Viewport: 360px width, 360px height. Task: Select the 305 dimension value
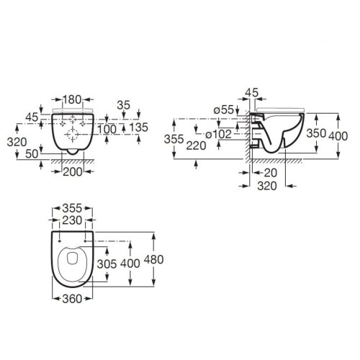[106, 264]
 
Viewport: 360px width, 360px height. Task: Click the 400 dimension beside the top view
[131, 264]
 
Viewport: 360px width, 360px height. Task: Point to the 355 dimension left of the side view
[175, 138]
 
